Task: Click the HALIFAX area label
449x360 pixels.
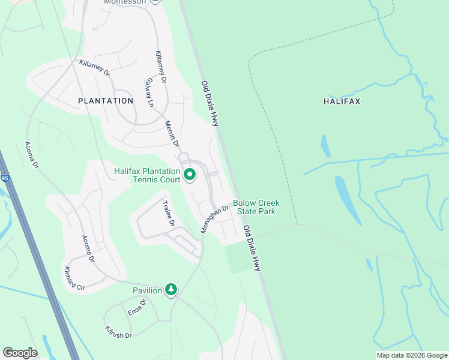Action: point(342,101)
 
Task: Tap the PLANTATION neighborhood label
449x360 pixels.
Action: point(106,101)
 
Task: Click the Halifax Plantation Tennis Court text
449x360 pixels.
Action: point(147,175)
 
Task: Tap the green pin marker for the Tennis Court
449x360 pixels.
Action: point(190,175)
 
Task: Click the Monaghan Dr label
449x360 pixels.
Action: point(215,220)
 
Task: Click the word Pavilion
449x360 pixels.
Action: point(148,290)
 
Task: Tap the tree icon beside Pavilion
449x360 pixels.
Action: point(171,290)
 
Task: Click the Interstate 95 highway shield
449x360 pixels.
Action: point(5,178)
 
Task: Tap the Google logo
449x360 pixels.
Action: point(20,353)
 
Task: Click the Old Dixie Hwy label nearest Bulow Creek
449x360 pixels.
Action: point(252,248)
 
